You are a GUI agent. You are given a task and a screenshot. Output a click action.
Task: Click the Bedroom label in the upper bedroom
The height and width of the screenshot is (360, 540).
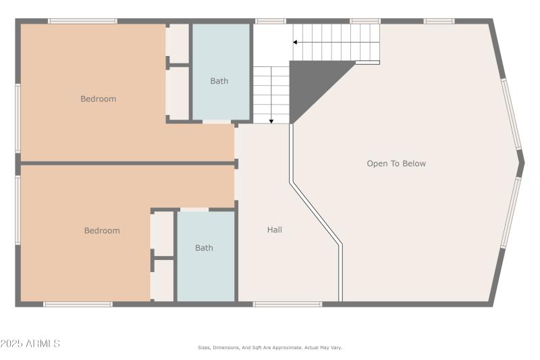(x=98, y=99)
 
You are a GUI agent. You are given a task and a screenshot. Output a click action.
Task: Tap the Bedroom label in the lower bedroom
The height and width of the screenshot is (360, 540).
(x=102, y=230)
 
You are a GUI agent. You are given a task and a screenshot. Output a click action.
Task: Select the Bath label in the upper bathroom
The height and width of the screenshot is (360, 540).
(x=219, y=81)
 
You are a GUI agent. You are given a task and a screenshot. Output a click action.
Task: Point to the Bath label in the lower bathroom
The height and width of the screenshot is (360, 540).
(x=204, y=248)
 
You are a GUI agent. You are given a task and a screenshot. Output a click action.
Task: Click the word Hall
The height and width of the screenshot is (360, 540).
(x=274, y=230)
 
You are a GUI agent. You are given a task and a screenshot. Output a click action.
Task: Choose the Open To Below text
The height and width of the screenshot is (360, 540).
(x=396, y=163)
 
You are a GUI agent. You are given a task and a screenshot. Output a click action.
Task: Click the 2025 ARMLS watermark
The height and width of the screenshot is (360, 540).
(x=30, y=344)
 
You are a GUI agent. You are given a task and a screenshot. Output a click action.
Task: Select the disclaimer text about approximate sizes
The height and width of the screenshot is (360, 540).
(x=269, y=347)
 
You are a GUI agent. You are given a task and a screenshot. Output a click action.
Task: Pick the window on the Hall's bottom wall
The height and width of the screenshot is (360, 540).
(x=288, y=304)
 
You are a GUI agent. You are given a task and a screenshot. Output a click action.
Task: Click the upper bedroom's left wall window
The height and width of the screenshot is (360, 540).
(x=18, y=118)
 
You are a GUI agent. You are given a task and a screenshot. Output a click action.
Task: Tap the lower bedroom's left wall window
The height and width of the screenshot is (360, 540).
(x=18, y=209)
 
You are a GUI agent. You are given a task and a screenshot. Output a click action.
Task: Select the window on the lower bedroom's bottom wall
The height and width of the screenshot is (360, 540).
(x=78, y=304)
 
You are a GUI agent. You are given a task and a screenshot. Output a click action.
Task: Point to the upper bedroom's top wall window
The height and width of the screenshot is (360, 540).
(x=82, y=21)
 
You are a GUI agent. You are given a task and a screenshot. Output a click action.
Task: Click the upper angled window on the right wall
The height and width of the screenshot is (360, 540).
(x=511, y=113)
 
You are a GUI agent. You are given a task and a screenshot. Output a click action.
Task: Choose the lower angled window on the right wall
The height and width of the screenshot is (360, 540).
(x=511, y=212)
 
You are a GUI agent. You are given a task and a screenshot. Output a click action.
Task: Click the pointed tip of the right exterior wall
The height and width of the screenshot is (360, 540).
(x=522, y=163)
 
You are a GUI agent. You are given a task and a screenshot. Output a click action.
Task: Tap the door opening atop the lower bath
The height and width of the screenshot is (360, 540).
(x=194, y=210)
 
